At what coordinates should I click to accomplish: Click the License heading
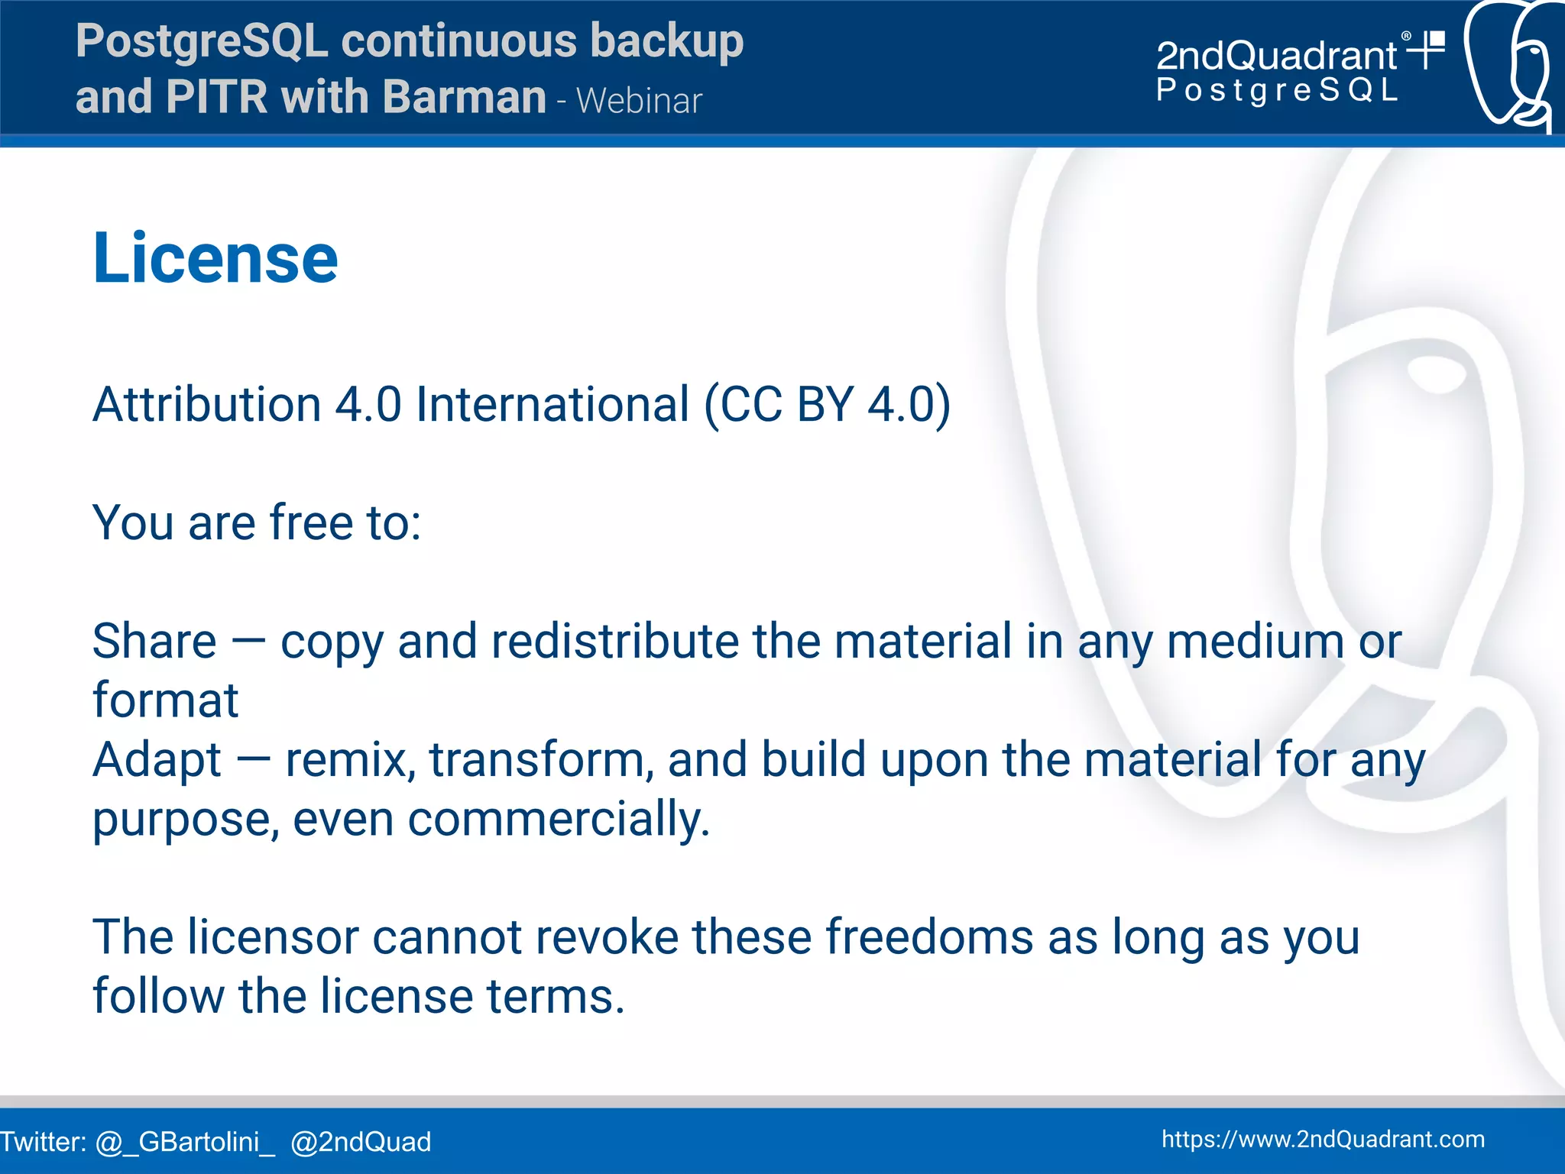coord(215,258)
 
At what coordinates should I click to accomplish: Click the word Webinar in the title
coord(639,101)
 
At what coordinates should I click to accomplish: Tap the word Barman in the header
coord(464,97)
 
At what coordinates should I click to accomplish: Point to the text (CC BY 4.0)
coord(827,403)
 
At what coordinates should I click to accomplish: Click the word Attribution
coord(206,403)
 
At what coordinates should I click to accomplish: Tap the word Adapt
coord(157,760)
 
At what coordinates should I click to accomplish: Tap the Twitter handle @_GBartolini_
coord(185,1142)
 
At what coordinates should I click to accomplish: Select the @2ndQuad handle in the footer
coord(361,1142)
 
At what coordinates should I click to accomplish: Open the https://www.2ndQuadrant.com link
coord(1323,1139)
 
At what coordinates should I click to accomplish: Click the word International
coord(552,403)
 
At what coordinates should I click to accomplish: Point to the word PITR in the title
coord(215,97)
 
